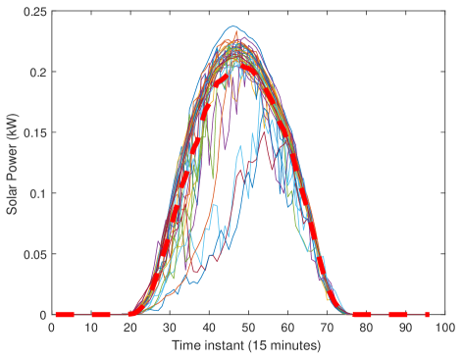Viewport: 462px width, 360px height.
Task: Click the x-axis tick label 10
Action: click(x=90, y=328)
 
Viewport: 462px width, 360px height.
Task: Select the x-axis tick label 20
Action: click(x=129, y=328)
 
